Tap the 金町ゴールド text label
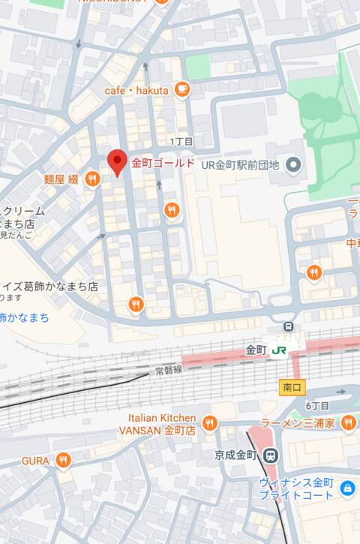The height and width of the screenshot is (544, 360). tap(163, 163)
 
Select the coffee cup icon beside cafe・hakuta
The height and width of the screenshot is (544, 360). tap(181, 90)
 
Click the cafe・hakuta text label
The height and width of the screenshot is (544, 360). tap(136, 91)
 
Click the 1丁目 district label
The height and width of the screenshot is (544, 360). tap(181, 141)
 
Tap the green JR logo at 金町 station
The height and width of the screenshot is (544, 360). tap(279, 350)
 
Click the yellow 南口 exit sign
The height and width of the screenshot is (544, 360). tap(292, 387)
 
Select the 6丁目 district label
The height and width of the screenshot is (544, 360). tap(318, 405)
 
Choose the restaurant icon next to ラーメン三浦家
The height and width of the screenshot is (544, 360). tap(348, 424)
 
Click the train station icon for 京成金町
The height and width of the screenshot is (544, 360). tap(271, 455)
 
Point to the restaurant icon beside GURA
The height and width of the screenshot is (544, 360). tap(64, 460)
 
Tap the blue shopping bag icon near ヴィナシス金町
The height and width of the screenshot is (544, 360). tap(347, 489)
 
